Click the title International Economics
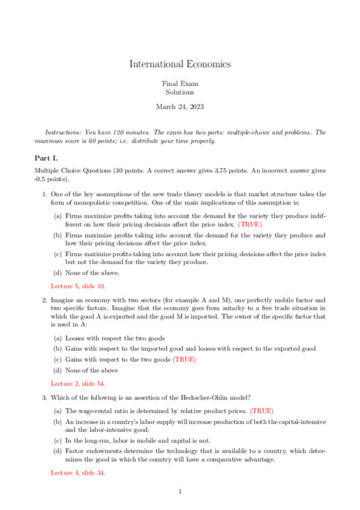coord(180,64)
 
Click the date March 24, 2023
coord(180,107)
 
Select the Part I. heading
coord(46,158)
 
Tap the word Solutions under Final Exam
coord(180,93)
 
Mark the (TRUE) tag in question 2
coord(184,360)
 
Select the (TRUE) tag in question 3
coord(261,411)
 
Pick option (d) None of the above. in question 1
coord(88,273)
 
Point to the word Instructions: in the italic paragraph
coord(64,132)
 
